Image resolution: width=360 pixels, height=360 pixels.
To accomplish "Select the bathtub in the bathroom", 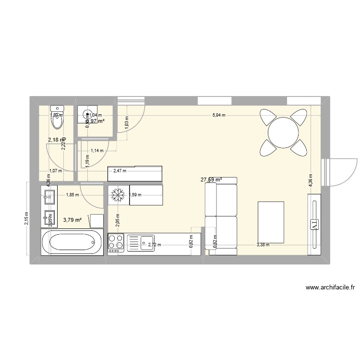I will (72, 243).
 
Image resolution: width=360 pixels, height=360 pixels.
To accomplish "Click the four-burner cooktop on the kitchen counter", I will (116, 243).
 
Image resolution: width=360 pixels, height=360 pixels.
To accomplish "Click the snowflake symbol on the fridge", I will (118, 195).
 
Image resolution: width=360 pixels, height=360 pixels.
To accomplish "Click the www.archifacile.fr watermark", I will (330, 288).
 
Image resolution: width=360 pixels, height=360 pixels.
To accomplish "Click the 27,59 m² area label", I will (211, 180).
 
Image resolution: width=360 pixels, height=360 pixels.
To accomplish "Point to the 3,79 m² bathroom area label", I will (72, 220).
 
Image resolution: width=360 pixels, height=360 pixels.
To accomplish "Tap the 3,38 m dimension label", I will (263, 245).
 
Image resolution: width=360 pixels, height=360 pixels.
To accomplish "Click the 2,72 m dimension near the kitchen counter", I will (155, 245).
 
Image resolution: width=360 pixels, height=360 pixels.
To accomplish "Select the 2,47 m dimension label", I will (120, 170).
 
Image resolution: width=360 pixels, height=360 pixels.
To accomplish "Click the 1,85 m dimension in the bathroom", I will (72, 195).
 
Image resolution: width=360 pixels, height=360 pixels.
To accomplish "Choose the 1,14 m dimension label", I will (97, 150).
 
